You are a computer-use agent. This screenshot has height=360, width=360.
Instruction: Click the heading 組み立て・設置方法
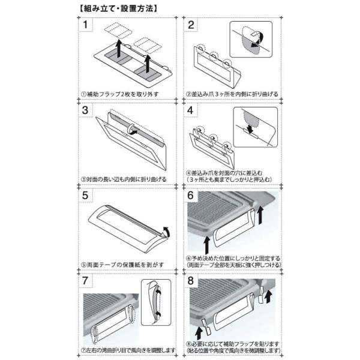119,9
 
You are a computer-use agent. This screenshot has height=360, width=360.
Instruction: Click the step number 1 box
85,25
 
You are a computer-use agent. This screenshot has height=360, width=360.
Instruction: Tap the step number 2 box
191,25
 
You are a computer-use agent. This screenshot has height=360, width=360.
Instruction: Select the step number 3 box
85,110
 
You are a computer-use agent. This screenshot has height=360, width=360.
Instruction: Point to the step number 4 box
190,110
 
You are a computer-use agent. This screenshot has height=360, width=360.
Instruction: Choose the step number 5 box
85,196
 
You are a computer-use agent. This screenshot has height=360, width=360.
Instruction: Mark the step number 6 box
191,196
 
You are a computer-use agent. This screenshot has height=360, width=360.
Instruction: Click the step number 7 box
85,281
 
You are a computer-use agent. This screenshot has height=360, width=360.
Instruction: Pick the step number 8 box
191,281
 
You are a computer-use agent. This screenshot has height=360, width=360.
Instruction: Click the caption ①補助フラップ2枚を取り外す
119,94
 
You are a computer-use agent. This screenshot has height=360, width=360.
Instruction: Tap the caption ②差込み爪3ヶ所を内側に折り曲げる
232,94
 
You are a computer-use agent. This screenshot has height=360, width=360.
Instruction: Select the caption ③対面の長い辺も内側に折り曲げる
124,179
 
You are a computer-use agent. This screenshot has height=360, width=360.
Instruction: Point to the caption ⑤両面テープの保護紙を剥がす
122,265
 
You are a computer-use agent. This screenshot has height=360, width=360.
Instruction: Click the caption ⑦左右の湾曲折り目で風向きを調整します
128,350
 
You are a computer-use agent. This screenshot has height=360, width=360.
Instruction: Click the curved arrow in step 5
167,231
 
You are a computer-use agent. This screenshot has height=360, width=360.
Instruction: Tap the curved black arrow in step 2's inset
258,40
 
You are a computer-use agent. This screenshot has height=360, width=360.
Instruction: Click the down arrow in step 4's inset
250,128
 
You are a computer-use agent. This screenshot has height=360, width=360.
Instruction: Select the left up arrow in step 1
118,49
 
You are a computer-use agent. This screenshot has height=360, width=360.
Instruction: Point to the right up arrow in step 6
260,215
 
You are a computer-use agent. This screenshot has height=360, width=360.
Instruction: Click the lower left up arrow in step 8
199,334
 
